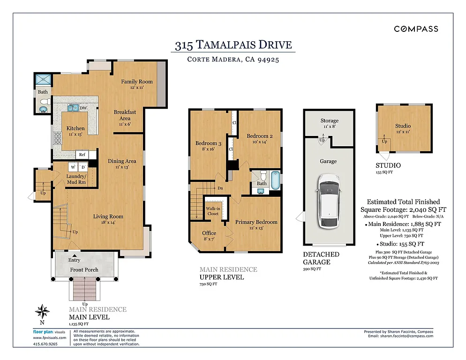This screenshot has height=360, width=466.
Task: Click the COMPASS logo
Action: pyautogui.click(x=416, y=29)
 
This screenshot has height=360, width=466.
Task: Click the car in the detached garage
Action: pyautogui.click(x=329, y=201)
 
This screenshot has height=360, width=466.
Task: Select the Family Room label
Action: pyautogui.click(x=136, y=82)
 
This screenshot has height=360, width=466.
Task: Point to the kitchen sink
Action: pyautogui.click(x=73, y=108)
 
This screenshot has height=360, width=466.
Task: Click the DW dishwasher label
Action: pyautogui.click(x=84, y=108)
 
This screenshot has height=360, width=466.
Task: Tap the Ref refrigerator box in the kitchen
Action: pyautogui.click(x=82, y=154)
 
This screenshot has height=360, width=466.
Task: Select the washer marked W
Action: pyautogui.click(x=73, y=167)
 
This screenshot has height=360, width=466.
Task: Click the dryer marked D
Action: pyautogui.click(x=83, y=167)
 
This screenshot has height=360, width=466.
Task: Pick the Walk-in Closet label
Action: pyautogui.click(x=213, y=211)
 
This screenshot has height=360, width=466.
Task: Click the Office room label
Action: pyautogui.click(x=209, y=233)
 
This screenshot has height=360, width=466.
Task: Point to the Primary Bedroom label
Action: pyautogui.click(x=256, y=222)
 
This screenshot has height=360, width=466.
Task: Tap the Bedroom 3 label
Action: pyautogui.click(x=206, y=143)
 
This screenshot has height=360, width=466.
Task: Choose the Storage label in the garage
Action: pyautogui.click(x=329, y=121)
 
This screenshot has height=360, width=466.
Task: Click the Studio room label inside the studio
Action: pyautogui.click(x=403, y=126)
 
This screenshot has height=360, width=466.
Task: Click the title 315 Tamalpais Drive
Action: pyautogui.click(x=233, y=45)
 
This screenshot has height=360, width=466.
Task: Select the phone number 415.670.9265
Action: pyautogui.click(x=46, y=344)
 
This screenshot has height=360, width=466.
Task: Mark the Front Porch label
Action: pyautogui.click(x=84, y=270)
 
